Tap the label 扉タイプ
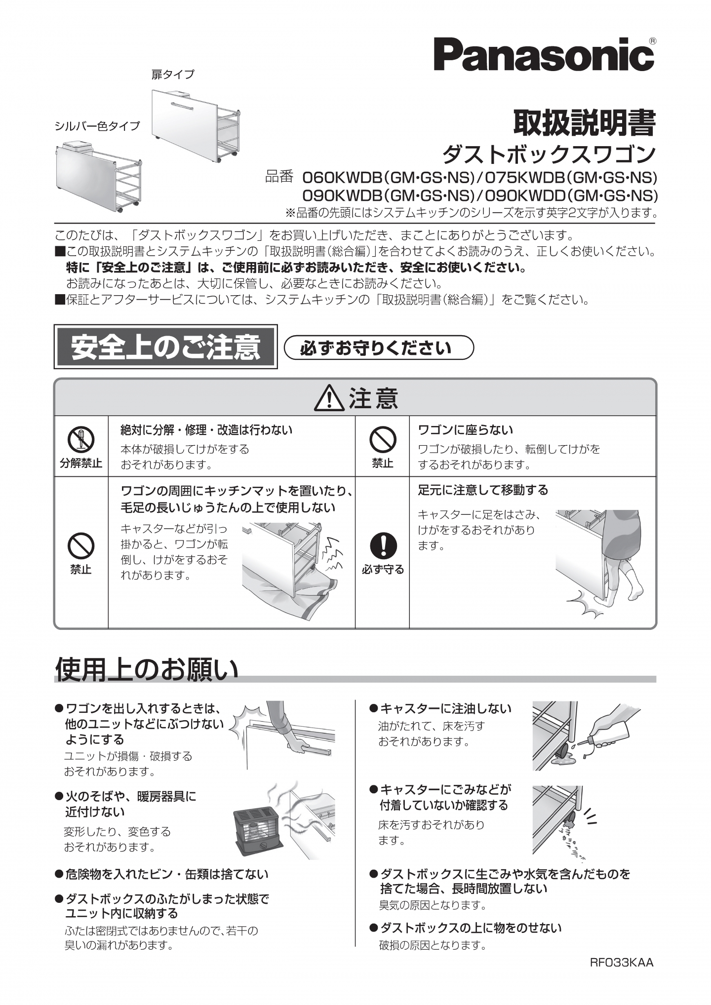point(173,75)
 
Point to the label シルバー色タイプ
point(97,126)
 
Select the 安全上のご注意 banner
point(165,347)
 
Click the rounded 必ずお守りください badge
point(379,348)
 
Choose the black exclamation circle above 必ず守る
point(383,546)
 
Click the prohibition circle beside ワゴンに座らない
point(383,439)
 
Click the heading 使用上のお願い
point(147,669)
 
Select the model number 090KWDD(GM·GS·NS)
point(572,196)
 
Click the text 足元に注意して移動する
point(483,490)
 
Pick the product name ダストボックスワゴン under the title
point(549,155)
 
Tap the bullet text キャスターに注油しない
point(445,709)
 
